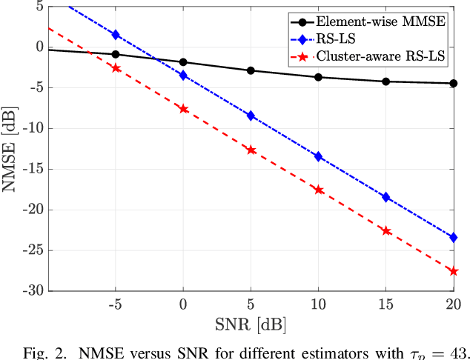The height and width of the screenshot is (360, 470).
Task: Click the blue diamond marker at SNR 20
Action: click(454, 237)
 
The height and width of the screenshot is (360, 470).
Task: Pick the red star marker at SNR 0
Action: click(183, 109)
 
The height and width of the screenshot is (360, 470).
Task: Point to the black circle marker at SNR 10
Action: click(319, 77)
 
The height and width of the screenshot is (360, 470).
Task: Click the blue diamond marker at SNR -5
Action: click(116, 35)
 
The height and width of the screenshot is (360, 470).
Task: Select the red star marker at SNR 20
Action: click(454, 271)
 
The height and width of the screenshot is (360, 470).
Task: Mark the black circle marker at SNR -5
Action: click(116, 54)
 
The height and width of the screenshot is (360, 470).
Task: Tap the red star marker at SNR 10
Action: click(319, 190)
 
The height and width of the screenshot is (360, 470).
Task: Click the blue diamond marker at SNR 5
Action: click(251, 116)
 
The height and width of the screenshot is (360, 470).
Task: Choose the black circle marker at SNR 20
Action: click(454, 84)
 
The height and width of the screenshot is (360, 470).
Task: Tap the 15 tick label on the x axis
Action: click(385, 304)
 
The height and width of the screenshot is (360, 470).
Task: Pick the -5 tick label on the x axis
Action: click(115, 304)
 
